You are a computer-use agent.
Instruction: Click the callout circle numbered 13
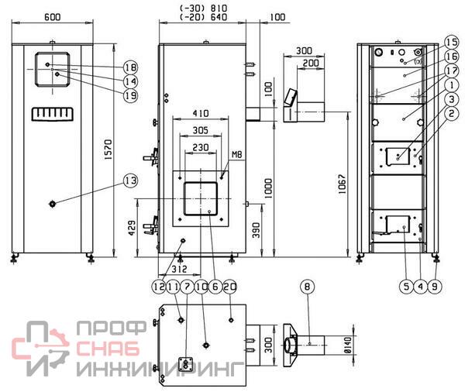131,181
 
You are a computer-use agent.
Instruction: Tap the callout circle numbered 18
131,67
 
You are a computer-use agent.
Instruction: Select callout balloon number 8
307,287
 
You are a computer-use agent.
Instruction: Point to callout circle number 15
451,42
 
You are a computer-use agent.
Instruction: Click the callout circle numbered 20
230,287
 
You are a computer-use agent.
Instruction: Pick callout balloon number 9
435,287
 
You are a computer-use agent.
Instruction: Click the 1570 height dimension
108,150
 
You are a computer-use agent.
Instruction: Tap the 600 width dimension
52,17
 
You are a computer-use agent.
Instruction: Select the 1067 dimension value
342,184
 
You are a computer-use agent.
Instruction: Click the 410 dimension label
201,114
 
